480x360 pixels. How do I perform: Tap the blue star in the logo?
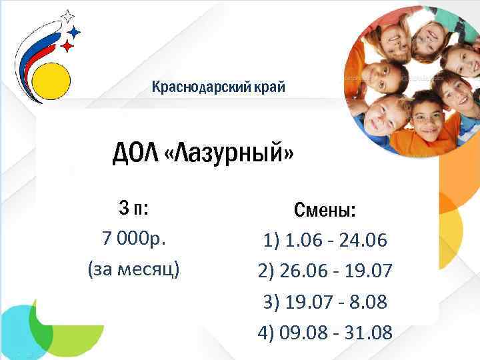point(75,31)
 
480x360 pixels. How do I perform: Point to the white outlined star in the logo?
point(67,15)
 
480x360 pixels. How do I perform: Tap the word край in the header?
point(269,87)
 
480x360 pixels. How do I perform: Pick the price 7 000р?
point(133,239)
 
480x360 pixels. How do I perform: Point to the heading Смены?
point(325,211)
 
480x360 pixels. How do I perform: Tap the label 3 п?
point(133,209)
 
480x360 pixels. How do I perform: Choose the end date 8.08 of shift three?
point(363,302)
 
